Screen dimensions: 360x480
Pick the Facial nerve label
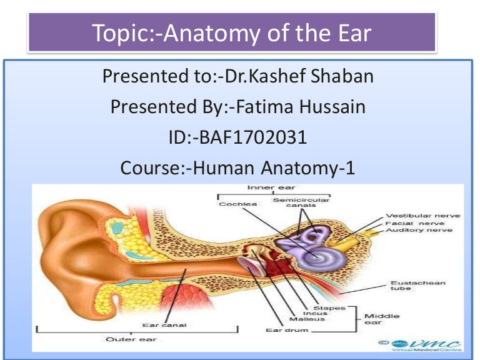click(x=415, y=222)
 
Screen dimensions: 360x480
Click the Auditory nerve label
click(x=419, y=230)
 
